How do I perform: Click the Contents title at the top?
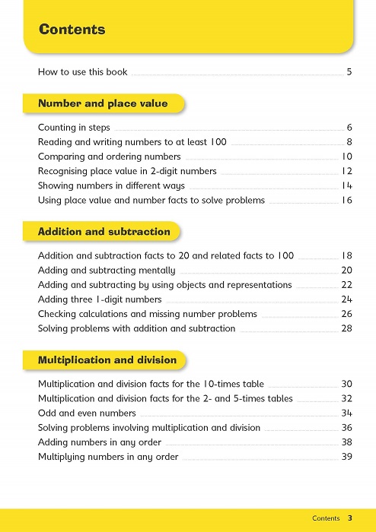[x=72, y=30]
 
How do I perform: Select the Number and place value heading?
[x=103, y=103]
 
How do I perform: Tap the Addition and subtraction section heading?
[x=104, y=231]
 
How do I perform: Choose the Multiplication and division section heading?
[x=107, y=359]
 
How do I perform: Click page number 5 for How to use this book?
[x=349, y=73]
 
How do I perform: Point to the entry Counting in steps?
[x=74, y=128]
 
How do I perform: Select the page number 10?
[x=346, y=157]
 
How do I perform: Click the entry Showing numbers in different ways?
[x=111, y=185]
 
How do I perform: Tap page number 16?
[x=346, y=201]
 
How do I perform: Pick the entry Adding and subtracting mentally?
[x=107, y=271]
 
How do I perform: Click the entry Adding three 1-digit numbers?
[x=100, y=299]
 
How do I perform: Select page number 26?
[x=346, y=314]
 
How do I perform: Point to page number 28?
[x=346, y=328]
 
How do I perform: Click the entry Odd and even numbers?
[x=87, y=413]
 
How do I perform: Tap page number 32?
[x=346, y=398]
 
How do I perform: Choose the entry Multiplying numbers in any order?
[x=108, y=457]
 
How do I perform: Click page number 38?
[x=346, y=442]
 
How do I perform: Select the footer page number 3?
[x=350, y=518]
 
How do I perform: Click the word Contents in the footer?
[x=326, y=518]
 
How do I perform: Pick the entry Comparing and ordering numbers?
[x=109, y=157]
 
